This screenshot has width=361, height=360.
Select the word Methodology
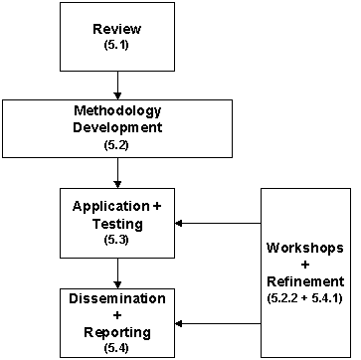(x=118, y=110)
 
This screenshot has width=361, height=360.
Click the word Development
(x=118, y=127)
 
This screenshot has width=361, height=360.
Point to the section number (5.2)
(x=118, y=145)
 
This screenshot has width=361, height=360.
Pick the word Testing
(x=118, y=224)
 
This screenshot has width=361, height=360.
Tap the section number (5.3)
(x=118, y=240)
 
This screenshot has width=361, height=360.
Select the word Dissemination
(x=118, y=297)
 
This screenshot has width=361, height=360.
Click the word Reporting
(x=118, y=331)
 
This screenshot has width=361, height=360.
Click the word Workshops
(x=304, y=246)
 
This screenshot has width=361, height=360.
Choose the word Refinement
(x=304, y=280)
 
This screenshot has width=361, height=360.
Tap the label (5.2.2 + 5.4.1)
(x=304, y=296)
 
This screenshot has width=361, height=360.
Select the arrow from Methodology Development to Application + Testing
(x=118, y=173)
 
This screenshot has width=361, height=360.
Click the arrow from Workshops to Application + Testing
(x=219, y=223)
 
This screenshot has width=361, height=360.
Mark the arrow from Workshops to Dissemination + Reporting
(x=219, y=322)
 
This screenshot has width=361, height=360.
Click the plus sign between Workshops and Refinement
(x=304, y=264)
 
